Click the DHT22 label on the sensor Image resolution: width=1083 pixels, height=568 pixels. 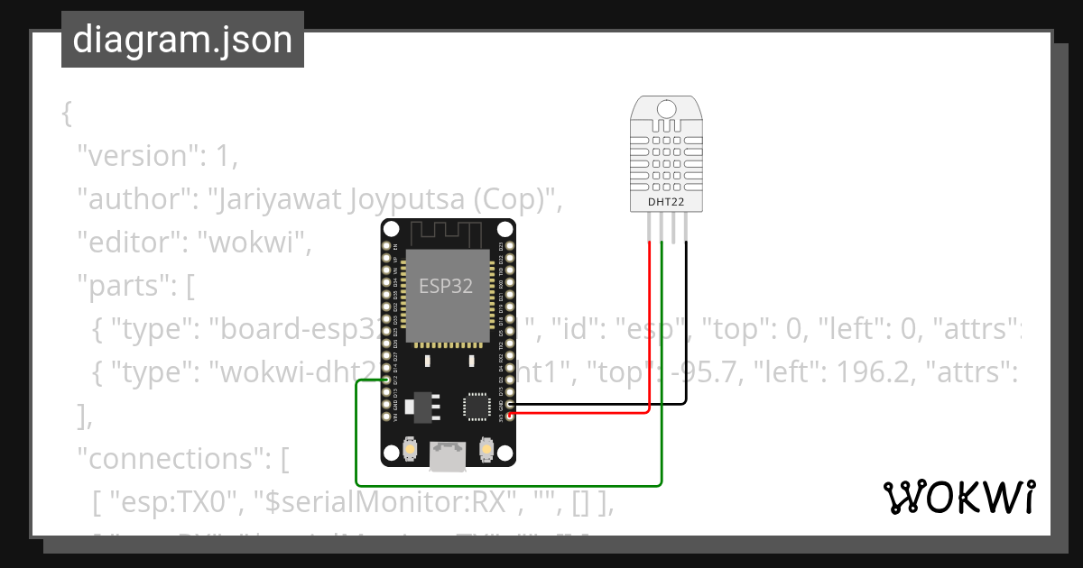[x=666, y=202]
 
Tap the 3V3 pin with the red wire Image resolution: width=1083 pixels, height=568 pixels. [x=511, y=415]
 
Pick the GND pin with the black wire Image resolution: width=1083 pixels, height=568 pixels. [x=511, y=405]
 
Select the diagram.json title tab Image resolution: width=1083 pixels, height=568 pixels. [x=182, y=40]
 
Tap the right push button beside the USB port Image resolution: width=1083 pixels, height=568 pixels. [x=486, y=448]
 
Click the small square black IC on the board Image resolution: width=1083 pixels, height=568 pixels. [x=476, y=405]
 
